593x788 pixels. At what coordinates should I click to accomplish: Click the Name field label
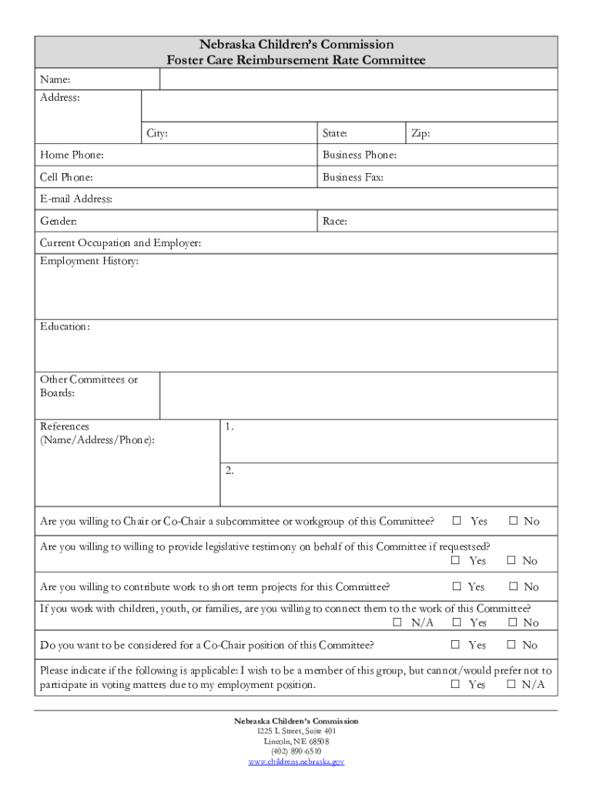(55, 79)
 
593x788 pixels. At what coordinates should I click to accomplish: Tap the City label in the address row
(157, 134)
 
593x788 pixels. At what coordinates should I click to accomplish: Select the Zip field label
(420, 134)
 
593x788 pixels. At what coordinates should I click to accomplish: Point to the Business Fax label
(353, 177)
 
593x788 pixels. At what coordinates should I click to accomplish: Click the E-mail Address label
(76, 199)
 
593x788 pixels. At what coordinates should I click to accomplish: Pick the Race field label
(335, 222)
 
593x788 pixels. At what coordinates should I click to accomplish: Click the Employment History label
(89, 262)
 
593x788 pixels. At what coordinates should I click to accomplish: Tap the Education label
(65, 327)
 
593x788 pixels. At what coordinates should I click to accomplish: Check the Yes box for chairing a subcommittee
(456, 521)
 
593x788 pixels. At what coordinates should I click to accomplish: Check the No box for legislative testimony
(511, 561)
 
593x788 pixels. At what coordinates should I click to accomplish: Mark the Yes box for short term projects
(456, 586)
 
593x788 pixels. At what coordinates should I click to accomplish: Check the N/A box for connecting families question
(398, 623)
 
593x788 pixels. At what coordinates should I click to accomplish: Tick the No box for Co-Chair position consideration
(511, 645)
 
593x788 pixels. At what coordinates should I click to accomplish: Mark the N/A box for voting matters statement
(511, 684)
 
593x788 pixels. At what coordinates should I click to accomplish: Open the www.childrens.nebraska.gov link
(296, 762)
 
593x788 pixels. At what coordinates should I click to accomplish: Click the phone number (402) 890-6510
(296, 751)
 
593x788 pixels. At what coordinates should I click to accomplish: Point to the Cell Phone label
(67, 177)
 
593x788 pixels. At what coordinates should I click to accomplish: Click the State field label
(335, 134)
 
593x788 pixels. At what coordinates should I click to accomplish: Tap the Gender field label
(59, 222)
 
